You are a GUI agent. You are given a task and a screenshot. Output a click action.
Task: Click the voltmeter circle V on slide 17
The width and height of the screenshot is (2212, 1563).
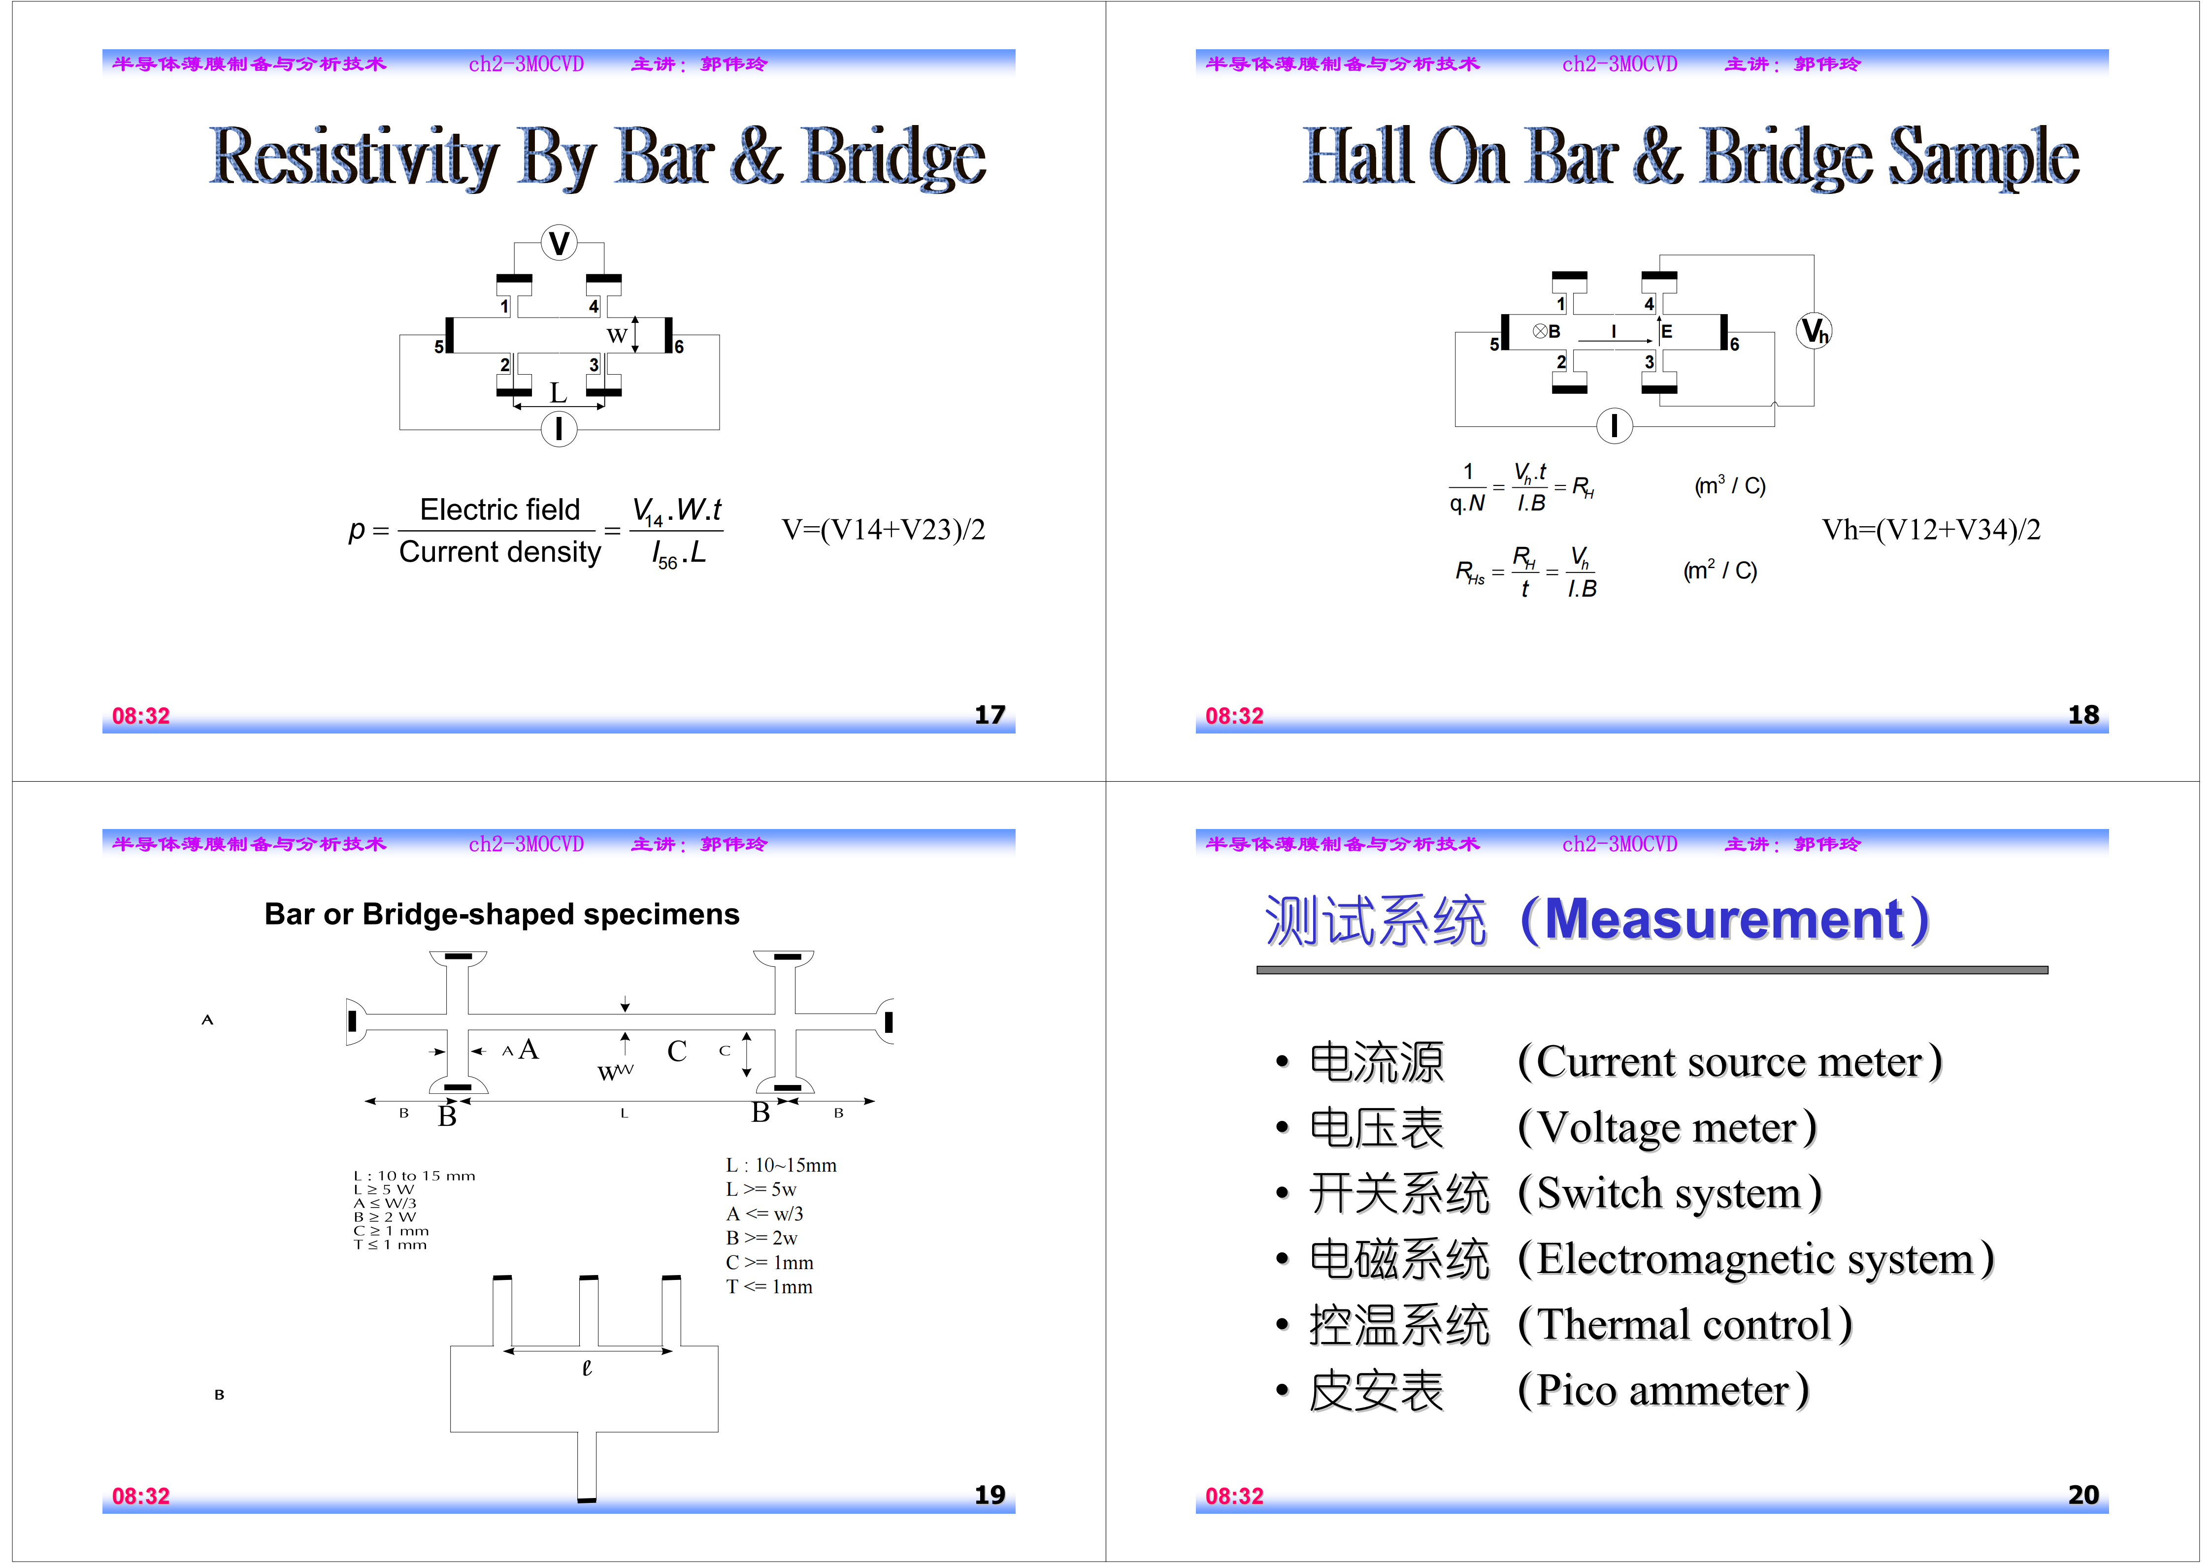pos(559,243)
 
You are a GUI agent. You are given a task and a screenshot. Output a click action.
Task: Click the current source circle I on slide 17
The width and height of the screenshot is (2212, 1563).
pos(559,429)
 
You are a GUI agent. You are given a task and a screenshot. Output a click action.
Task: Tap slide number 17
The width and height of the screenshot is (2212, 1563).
pos(990,715)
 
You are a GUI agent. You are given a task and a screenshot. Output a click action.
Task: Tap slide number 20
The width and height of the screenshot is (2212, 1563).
pos(2083,1495)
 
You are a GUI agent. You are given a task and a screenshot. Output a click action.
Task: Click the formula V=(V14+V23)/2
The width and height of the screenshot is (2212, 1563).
pos(883,530)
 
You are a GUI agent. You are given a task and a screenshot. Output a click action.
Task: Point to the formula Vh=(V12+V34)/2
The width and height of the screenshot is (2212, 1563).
pos(1931,530)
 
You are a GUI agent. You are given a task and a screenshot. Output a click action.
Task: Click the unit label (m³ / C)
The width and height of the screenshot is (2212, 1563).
pos(1729,485)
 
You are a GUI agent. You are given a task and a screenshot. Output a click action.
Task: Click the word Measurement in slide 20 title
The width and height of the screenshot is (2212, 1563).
pos(1724,920)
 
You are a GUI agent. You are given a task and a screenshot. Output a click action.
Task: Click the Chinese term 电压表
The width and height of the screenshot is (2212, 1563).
pos(1376,1128)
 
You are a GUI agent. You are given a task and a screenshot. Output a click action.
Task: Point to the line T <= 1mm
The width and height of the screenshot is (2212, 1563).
pos(769,1287)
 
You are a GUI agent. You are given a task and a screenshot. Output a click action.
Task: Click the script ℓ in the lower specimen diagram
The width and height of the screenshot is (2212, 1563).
pos(587,1368)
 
